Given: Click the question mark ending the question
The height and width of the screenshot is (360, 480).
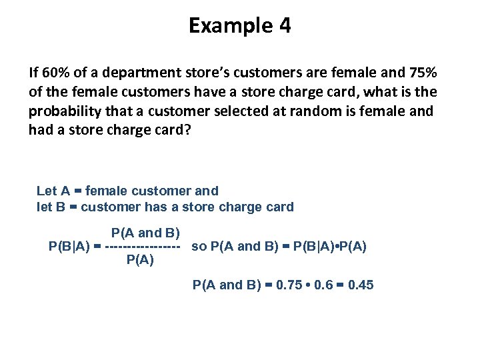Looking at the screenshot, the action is tap(187, 130).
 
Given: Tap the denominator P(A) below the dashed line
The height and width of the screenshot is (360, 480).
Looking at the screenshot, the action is tap(140, 260).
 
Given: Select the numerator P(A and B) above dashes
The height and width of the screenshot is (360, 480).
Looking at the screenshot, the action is tap(146, 233).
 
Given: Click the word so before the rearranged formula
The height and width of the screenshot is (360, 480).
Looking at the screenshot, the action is tap(198, 246).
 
